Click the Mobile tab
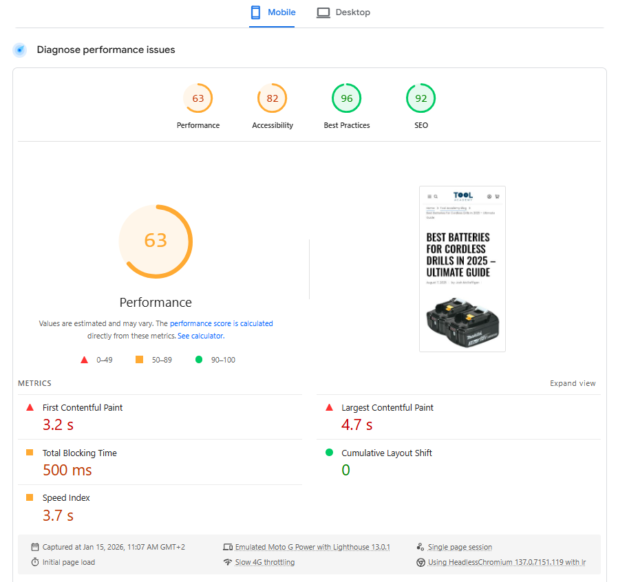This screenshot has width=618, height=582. tap(273, 12)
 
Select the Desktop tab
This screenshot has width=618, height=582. tap(343, 12)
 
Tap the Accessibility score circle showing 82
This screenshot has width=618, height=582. tap(273, 98)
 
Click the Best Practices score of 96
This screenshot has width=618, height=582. tap(347, 98)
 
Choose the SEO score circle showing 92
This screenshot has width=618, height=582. tap(421, 98)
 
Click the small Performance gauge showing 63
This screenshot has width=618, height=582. tap(198, 98)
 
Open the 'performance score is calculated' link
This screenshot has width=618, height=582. tap(222, 323)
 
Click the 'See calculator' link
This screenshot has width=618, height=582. tap(200, 336)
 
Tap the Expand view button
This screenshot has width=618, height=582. tap(573, 383)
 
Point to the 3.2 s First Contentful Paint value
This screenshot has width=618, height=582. tap(58, 424)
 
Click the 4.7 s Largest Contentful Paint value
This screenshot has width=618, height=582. tap(356, 424)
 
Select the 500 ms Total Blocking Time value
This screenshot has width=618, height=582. tap(67, 470)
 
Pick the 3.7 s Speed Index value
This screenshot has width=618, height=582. tap(58, 515)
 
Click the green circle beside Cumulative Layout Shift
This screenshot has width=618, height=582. tap(329, 453)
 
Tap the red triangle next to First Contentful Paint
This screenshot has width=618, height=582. tap(30, 407)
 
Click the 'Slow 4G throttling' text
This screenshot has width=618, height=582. tap(265, 562)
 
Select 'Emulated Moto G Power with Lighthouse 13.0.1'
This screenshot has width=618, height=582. tap(312, 547)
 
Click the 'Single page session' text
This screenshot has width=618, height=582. tap(460, 547)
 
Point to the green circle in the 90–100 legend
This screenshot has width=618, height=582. tap(199, 359)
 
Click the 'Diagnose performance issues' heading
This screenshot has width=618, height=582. tap(106, 50)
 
